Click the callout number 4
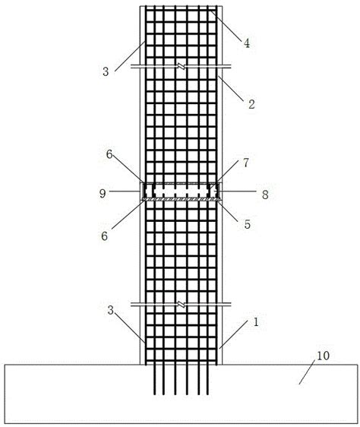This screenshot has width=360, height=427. (x=246, y=43)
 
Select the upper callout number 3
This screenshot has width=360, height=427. (x=106, y=71)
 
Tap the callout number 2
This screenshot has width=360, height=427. (x=251, y=104)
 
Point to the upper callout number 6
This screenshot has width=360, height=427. (x=109, y=154)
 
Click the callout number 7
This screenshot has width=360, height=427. (x=245, y=163)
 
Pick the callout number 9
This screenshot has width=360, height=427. (x=103, y=193)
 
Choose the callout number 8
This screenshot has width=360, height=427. (x=265, y=195)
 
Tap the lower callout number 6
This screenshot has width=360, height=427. (x=104, y=236)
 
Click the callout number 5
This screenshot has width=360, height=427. (x=248, y=224)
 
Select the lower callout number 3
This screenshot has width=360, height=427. (x=111, y=310)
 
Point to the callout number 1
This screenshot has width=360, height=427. (x=256, y=322)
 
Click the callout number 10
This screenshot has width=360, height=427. (x=323, y=356)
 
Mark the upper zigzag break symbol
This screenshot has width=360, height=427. (x=182, y=66)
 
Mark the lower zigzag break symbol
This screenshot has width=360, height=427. (x=182, y=305)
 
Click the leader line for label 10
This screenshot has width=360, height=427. (x=307, y=372)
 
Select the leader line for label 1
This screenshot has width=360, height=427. (x=233, y=334)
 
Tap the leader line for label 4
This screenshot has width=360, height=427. (x=226, y=26)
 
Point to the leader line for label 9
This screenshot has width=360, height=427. (x=125, y=191)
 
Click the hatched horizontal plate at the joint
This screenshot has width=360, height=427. (x=182, y=200)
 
